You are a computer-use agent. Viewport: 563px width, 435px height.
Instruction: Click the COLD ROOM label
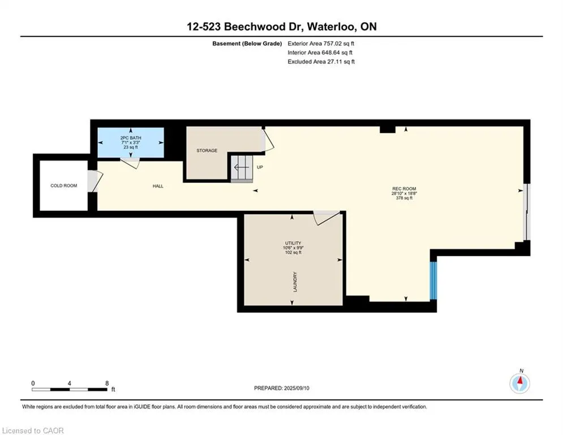63,186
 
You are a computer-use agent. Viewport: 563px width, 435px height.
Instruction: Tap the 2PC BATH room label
131,138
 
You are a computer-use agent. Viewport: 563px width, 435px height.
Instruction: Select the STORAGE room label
207,150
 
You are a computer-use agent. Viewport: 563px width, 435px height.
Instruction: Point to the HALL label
158,186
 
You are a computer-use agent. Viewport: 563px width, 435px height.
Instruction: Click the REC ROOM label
405,189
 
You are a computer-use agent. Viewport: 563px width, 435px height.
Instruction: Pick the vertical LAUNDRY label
295,282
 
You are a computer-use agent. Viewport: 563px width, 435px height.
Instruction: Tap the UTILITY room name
293,243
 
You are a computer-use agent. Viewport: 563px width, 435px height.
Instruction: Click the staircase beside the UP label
242,169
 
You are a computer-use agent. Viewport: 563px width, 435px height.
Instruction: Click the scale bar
69,389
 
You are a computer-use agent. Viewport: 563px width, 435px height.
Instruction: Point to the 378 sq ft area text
405,198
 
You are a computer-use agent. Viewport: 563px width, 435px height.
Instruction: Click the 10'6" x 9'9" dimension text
293,248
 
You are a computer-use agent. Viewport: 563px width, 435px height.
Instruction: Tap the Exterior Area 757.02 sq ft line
321,44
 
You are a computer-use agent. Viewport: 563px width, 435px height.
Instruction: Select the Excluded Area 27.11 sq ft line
321,62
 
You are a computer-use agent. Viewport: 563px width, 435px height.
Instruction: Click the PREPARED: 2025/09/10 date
282,388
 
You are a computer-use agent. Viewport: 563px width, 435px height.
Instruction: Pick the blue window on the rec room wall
434,280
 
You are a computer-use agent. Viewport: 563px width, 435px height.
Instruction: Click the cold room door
95,181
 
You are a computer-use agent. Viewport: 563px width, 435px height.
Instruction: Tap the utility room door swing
326,218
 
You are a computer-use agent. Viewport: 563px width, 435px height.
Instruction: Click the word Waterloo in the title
332,27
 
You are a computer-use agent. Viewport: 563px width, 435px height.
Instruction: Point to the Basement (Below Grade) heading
247,44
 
